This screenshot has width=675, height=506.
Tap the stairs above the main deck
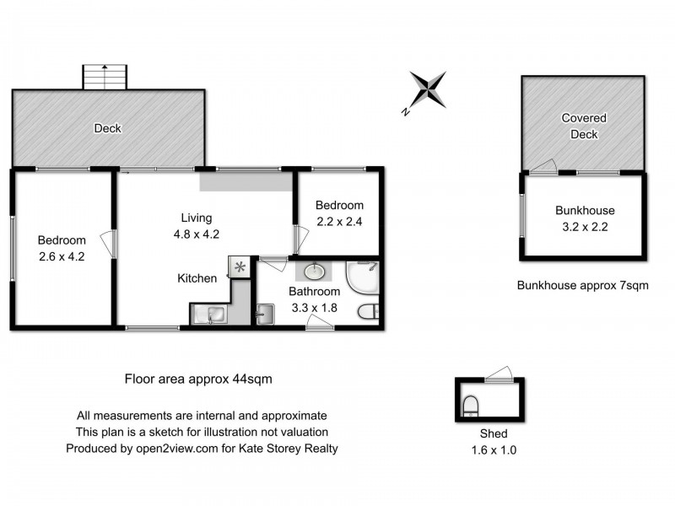[x=106, y=77]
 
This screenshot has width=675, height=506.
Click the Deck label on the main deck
[x=107, y=129]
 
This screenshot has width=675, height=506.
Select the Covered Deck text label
[x=584, y=126]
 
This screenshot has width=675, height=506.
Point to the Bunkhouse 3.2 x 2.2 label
[x=585, y=218]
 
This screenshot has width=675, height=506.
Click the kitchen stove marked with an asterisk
[x=240, y=267]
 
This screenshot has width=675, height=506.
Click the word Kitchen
[x=197, y=278]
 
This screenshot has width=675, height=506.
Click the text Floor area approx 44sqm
[x=197, y=379]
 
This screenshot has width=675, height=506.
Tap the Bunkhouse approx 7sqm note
[x=582, y=285]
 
